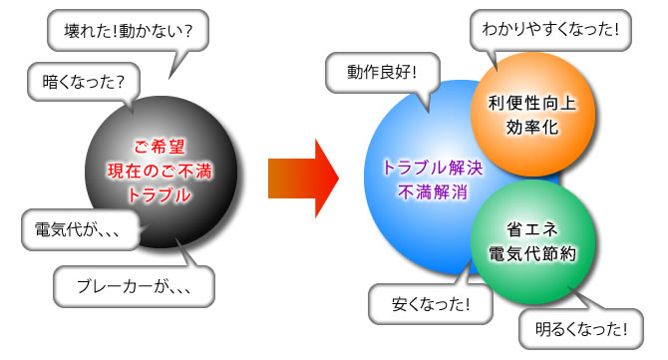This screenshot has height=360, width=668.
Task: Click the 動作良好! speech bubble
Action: coord(381,72)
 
